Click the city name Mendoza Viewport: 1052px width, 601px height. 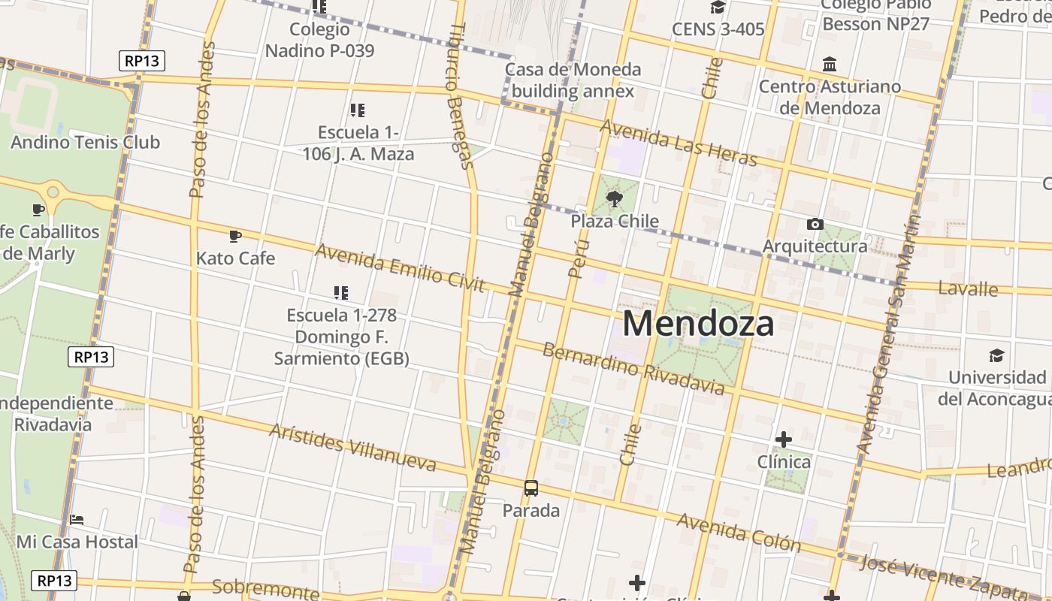698,324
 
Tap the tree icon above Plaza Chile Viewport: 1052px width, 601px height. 615,199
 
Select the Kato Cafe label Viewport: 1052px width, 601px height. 235,258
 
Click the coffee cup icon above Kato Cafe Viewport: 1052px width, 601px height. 235,237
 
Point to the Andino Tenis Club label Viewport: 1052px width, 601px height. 85,142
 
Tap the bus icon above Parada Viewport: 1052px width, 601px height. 531,488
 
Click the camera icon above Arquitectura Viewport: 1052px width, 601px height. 815,224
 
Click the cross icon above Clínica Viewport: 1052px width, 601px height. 784,439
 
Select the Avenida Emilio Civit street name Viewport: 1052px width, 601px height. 400,267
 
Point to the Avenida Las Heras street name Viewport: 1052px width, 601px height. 679,143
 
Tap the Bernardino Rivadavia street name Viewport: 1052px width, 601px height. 633,369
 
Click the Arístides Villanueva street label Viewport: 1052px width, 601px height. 352,447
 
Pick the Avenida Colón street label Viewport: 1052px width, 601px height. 739,532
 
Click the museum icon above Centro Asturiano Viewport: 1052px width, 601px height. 830,64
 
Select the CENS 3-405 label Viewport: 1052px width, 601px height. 718,29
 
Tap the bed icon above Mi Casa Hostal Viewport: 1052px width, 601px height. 77,520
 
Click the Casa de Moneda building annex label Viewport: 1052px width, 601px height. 573,80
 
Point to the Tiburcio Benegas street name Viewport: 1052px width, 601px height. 460,95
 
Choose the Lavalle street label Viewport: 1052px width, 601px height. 968,289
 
